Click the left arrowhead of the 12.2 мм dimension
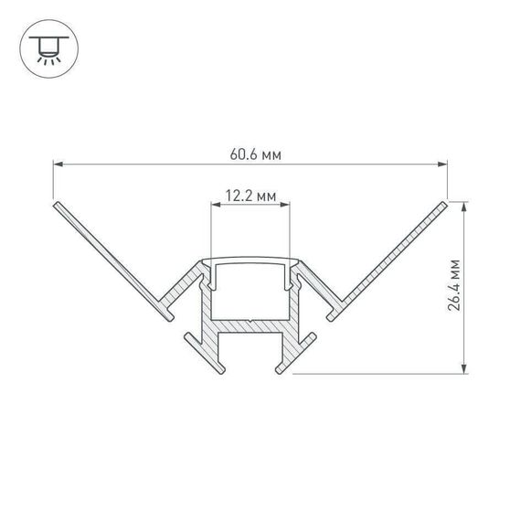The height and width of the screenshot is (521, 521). pos(217,207)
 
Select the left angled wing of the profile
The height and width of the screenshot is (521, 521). pos(110,256)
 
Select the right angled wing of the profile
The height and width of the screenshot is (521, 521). pos(393,256)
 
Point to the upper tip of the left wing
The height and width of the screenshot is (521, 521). pos(58,203)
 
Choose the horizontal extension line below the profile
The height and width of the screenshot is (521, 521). pos(384,373)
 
